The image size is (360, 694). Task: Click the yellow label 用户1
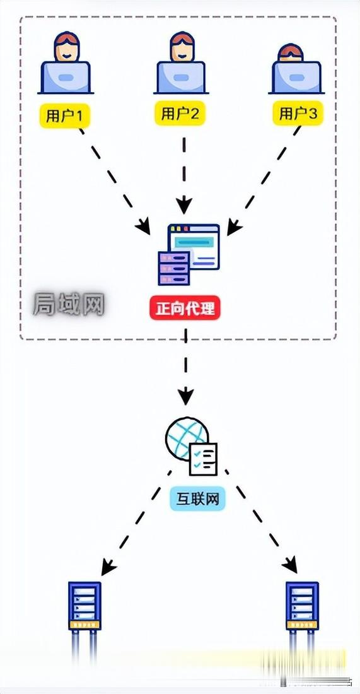click(x=65, y=115)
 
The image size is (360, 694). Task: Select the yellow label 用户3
click(x=299, y=114)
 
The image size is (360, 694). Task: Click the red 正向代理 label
click(x=185, y=310)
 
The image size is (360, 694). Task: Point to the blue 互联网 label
click(x=197, y=500)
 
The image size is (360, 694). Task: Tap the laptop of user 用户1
click(x=66, y=77)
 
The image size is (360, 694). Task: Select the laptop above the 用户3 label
click(x=297, y=77)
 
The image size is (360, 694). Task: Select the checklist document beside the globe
click(x=203, y=459)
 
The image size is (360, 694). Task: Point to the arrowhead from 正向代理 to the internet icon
click(x=185, y=397)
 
